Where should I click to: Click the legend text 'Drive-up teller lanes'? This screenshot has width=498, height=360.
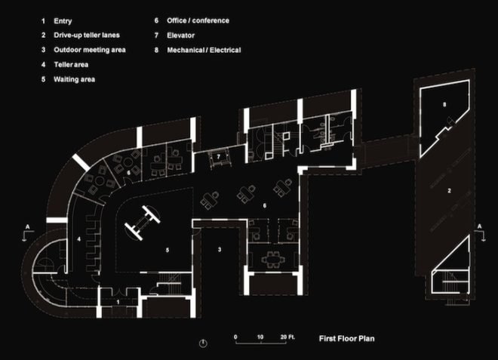87,35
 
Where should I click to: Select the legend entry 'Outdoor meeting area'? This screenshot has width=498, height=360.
90,50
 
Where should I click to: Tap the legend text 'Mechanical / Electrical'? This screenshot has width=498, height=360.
204,51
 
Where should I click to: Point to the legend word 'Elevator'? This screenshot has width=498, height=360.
181,35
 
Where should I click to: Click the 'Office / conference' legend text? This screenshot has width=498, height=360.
198,20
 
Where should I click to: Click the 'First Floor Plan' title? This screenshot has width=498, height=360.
347,339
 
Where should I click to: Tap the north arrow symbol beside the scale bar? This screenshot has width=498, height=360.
203,343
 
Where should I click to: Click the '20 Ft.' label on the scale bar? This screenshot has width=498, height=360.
287,337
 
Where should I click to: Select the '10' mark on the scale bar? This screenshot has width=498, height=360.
260,337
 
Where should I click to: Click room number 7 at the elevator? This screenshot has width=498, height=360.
219,157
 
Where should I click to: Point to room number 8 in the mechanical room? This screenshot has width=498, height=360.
444,104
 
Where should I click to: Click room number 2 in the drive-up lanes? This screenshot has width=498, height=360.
449,191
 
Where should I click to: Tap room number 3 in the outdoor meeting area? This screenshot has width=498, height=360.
220,250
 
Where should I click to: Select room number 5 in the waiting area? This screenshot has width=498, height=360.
168,251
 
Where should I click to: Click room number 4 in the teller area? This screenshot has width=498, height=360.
79,239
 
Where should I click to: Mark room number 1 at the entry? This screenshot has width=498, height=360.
118,302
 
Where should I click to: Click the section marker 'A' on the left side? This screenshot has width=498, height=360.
28,227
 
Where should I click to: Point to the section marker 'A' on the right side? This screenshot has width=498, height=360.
480,226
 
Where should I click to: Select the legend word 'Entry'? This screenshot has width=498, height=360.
63,21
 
